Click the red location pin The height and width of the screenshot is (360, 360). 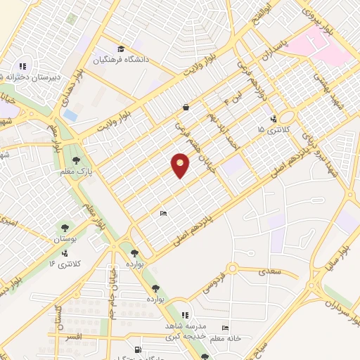[181, 165]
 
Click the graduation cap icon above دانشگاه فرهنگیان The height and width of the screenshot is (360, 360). [121, 49]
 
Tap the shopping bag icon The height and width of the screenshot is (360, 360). [185, 108]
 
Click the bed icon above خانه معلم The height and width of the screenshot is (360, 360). [225, 328]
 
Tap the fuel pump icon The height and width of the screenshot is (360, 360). [138, 349]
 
